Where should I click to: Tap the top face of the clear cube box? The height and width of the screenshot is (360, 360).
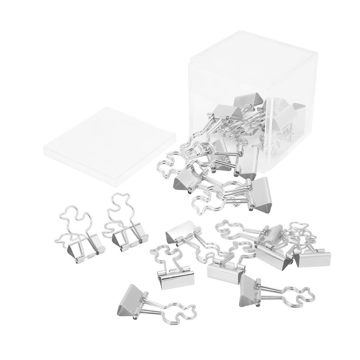253,60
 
